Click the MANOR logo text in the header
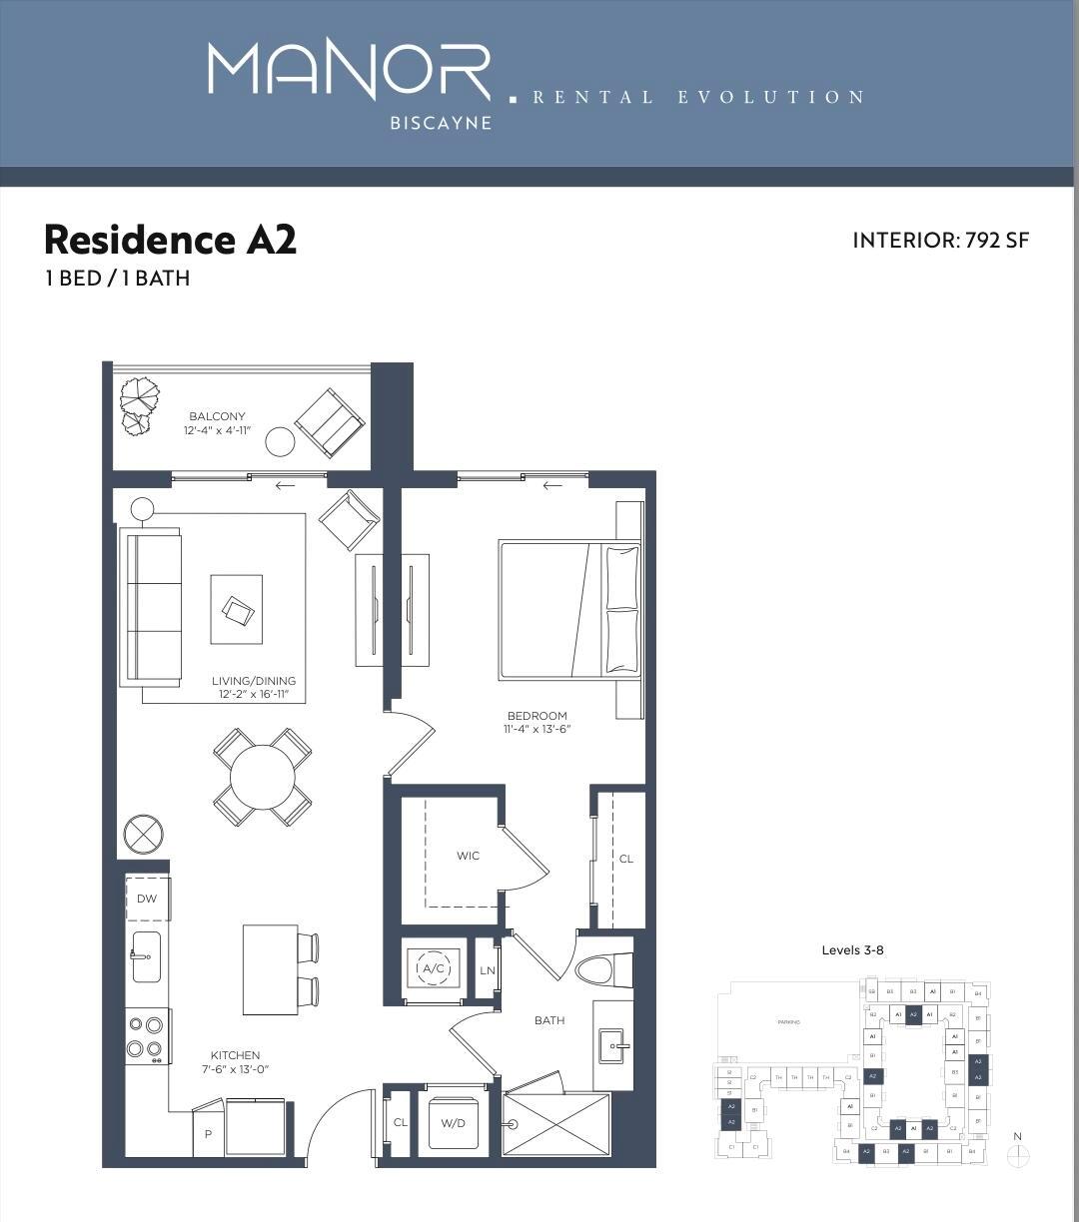349,71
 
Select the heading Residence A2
170,240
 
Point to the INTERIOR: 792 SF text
940,241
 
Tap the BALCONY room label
217,416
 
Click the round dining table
263,778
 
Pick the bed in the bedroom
569,609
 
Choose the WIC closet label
468,856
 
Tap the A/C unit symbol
433,968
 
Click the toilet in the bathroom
603,969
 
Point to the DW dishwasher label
147,899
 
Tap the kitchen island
270,969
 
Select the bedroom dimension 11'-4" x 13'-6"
537,729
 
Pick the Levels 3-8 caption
852,949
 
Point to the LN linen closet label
488,969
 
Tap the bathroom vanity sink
611,1046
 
